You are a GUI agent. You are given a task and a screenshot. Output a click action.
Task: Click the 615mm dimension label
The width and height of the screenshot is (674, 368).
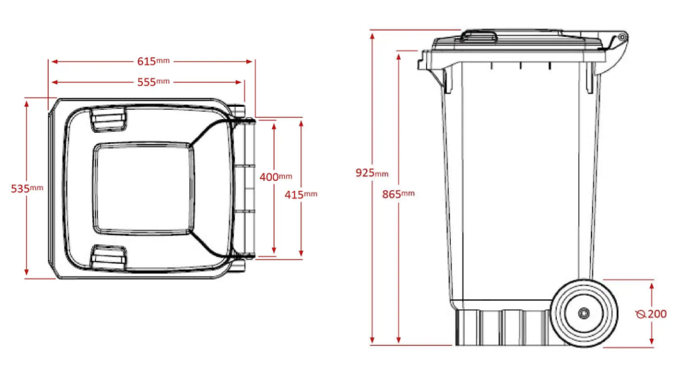click(153, 61)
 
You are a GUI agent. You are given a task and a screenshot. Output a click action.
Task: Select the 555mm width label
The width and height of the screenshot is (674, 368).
click(153, 82)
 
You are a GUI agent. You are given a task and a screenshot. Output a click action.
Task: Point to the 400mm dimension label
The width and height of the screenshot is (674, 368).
click(276, 176)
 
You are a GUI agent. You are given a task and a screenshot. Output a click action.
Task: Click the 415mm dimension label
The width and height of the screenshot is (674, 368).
click(301, 194)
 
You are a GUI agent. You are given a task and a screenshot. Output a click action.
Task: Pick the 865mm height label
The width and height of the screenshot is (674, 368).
click(398, 194)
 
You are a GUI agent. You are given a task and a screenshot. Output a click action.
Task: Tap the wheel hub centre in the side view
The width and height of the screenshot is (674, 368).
click(583, 314)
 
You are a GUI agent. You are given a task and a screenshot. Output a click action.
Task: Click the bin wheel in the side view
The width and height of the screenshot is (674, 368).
click(583, 313)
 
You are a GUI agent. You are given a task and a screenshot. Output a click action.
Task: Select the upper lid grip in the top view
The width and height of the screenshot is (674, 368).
click(108, 118)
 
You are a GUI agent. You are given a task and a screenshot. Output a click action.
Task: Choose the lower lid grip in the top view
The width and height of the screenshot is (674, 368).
click(108, 257)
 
